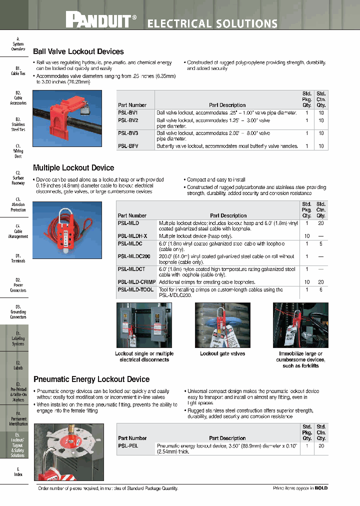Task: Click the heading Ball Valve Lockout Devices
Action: click(x=78, y=51)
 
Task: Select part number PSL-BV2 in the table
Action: click(x=128, y=120)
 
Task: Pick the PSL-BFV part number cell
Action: click(x=128, y=146)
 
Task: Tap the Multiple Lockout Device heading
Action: click(x=73, y=168)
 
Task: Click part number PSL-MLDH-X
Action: click(x=132, y=235)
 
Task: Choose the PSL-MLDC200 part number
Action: click(x=134, y=256)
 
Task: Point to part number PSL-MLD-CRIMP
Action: click(x=136, y=282)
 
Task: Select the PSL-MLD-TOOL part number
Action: click(x=135, y=289)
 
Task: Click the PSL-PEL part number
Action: click(x=128, y=445)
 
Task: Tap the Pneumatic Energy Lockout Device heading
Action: click(x=91, y=379)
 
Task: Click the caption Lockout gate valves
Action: click(x=222, y=353)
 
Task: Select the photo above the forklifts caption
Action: click(x=300, y=325)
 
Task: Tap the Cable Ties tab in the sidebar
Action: click(x=18, y=70)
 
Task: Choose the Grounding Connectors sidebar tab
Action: click(x=18, y=311)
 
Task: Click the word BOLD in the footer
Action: click(x=321, y=488)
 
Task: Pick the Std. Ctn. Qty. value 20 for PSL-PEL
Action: click(x=321, y=445)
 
